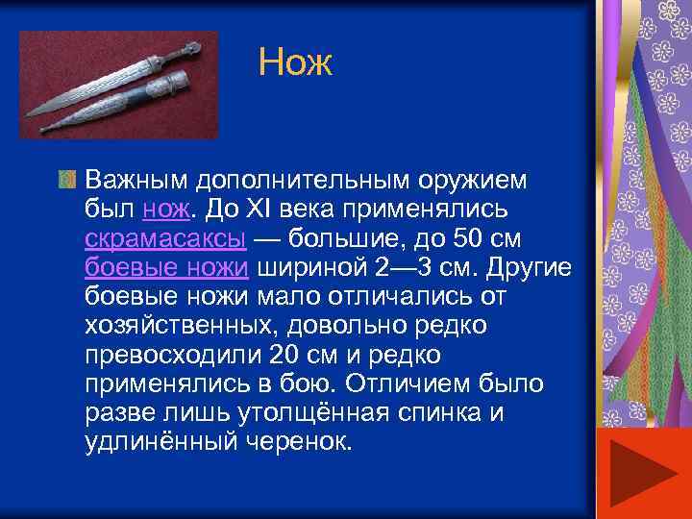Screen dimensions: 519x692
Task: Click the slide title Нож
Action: point(295,64)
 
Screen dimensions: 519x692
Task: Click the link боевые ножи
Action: point(166,266)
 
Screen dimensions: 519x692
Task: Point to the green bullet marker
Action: point(65,180)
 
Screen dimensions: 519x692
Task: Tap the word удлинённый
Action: point(165,442)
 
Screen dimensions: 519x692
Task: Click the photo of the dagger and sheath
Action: point(119,86)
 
